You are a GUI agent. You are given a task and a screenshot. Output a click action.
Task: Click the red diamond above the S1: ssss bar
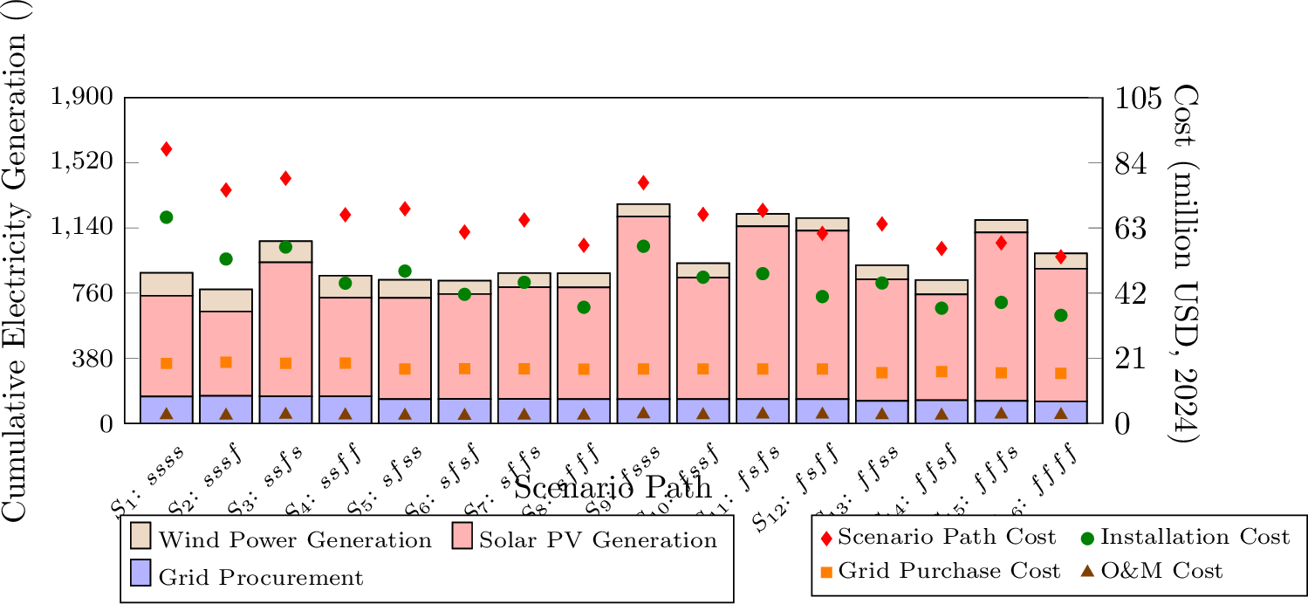pos(166,149)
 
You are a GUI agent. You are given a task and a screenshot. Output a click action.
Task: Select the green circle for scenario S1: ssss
pos(166,217)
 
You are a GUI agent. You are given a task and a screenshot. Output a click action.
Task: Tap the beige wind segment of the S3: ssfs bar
pos(285,251)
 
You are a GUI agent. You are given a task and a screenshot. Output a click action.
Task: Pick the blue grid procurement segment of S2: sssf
pos(226,409)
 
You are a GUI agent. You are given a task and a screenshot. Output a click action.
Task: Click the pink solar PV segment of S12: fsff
pos(822,314)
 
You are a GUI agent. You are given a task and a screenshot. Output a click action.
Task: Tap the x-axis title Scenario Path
pos(613,487)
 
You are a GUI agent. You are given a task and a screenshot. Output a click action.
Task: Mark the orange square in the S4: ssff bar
pos(345,363)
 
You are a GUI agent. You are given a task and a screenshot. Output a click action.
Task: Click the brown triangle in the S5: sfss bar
pos(405,414)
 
